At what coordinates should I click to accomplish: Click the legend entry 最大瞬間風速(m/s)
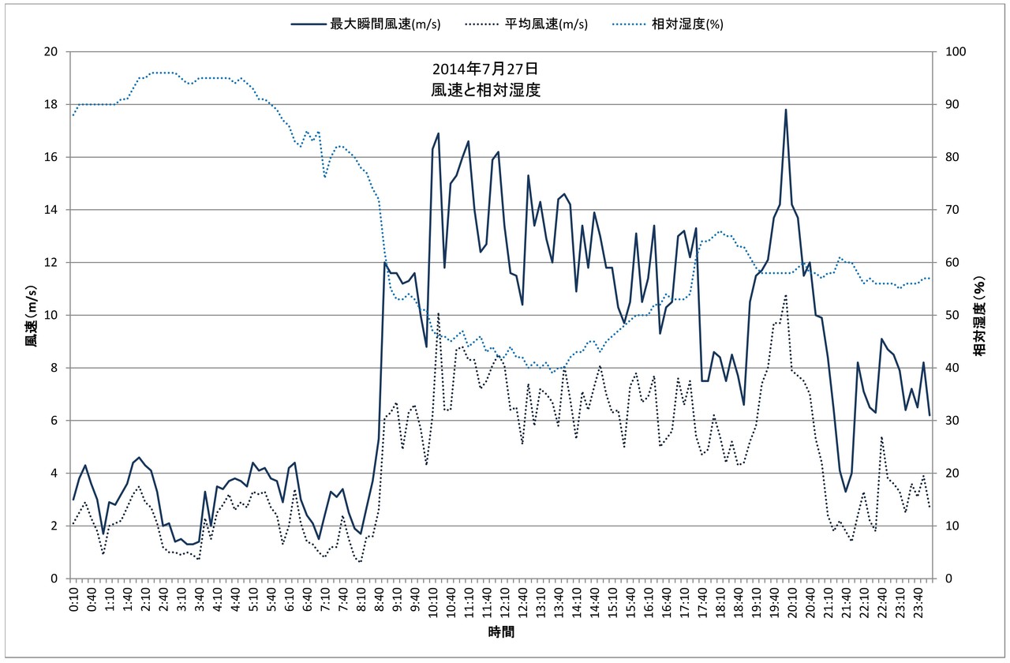(x=385, y=24)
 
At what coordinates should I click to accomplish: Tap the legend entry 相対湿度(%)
(x=687, y=24)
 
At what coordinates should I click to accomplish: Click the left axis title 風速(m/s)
(x=31, y=315)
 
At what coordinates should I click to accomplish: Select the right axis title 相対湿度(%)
(x=979, y=315)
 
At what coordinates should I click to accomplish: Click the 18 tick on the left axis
(x=52, y=104)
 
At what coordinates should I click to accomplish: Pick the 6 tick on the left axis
(x=54, y=421)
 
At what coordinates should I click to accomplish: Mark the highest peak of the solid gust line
(x=786, y=110)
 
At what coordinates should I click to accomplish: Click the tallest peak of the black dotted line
(x=786, y=295)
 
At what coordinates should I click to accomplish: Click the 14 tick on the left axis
(x=52, y=210)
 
